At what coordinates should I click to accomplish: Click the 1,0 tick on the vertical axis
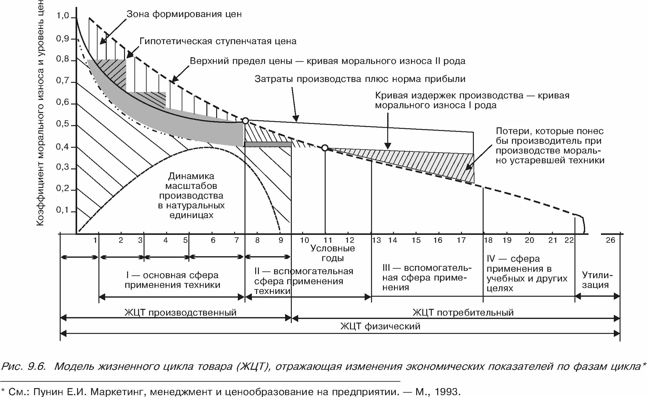click(x=62, y=16)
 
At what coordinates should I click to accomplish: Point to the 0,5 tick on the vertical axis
click(x=62, y=124)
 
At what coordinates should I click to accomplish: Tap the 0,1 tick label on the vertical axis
click(x=62, y=210)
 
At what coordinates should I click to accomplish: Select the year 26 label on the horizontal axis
click(x=610, y=240)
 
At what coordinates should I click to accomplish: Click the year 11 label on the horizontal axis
click(x=328, y=240)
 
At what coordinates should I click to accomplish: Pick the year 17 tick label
click(x=461, y=240)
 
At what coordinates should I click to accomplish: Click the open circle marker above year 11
click(x=325, y=148)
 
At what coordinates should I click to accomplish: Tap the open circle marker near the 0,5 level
click(x=245, y=121)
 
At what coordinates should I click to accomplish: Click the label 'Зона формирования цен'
click(x=184, y=14)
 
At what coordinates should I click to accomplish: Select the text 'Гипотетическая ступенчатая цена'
click(x=218, y=41)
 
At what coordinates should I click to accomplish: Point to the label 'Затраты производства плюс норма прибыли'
click(x=360, y=79)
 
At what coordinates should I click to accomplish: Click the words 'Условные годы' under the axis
click(x=333, y=253)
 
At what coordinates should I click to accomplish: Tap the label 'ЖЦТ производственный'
click(x=180, y=312)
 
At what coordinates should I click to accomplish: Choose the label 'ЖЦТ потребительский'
click(x=463, y=312)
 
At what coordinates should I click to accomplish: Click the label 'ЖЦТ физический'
click(x=380, y=326)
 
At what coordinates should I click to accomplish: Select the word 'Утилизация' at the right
click(x=597, y=280)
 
